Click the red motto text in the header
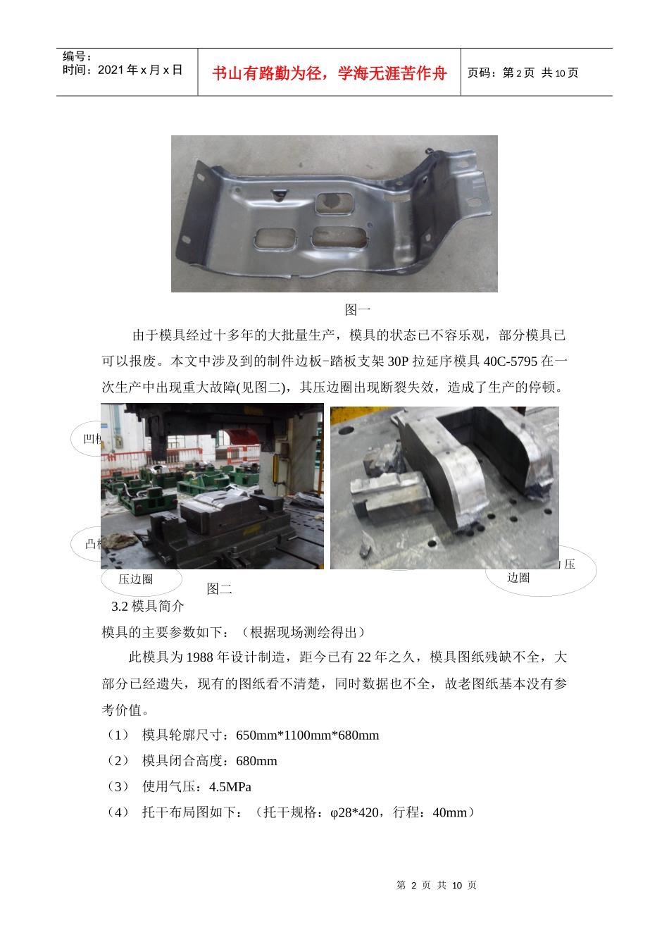(329, 73)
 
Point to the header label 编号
(76, 56)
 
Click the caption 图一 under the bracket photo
(357, 309)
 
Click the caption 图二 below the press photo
(219, 589)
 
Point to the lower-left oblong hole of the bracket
(276, 239)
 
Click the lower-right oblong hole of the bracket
(339, 237)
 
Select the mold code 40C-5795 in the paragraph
(510, 361)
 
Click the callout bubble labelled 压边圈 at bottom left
(136, 579)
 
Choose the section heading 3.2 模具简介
(148, 607)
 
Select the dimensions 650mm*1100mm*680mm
(308, 736)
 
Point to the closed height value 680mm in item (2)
(256, 761)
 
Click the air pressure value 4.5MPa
(230, 787)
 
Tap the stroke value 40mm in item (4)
(449, 812)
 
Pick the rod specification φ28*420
(354, 812)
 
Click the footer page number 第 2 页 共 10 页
(437, 885)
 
